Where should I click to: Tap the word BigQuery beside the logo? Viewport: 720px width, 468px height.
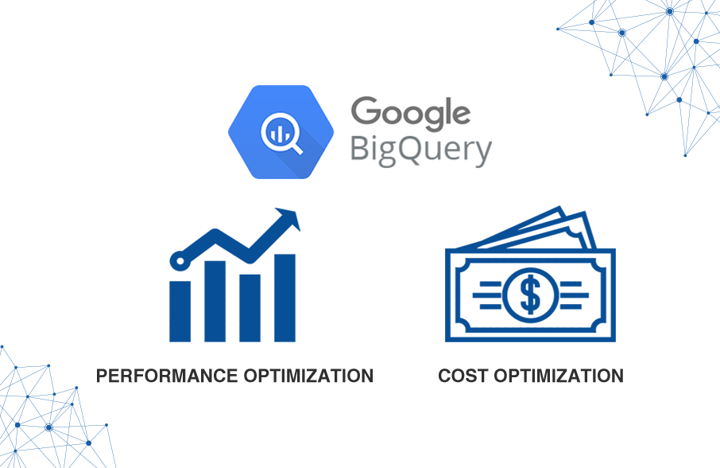(420, 150)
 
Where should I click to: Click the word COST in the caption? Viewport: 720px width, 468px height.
(461, 376)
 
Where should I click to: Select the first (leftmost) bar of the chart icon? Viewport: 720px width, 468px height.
(180, 310)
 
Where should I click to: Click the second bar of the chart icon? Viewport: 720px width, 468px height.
(215, 300)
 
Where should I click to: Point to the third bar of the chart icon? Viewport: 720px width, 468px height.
(250, 307)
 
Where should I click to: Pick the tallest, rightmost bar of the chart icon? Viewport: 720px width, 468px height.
(285, 297)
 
